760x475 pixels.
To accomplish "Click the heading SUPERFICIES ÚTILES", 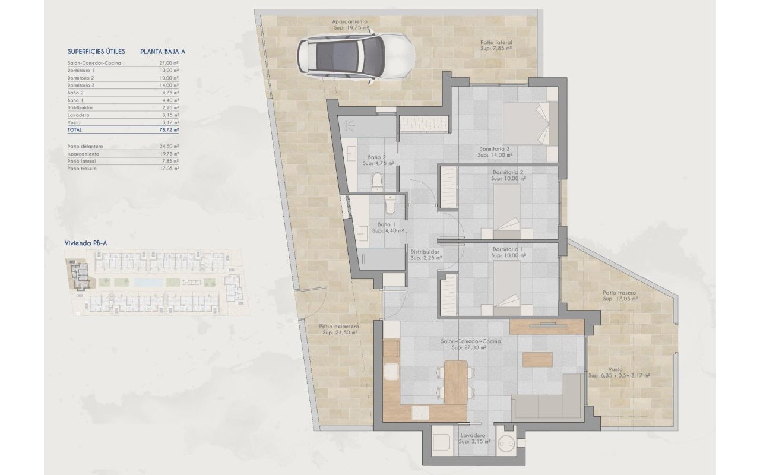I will [x=96, y=52].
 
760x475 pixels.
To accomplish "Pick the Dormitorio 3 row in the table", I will [x=123, y=85].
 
